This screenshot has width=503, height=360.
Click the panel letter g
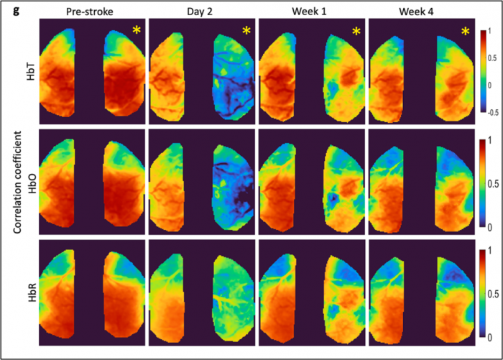click(x=6, y=9)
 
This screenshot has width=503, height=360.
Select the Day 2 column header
click(x=203, y=10)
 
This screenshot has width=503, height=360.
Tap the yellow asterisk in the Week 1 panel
click(x=356, y=31)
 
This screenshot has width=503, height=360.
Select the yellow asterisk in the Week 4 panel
click(x=466, y=31)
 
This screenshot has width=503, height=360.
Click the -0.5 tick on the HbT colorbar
click(x=490, y=114)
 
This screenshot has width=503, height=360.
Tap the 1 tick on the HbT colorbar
click(x=489, y=32)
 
